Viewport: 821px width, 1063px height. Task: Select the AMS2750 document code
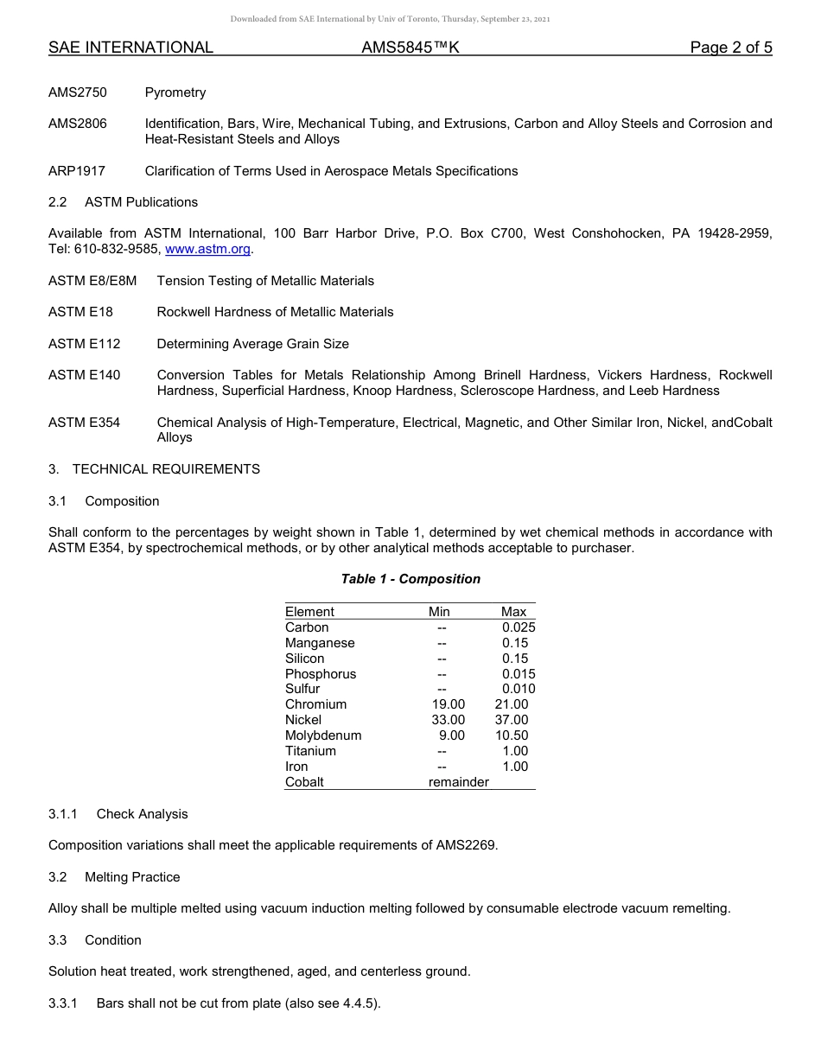pos(78,92)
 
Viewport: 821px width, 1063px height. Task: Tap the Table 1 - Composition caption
pos(410,579)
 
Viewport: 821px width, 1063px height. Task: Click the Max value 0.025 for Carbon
pos(519,627)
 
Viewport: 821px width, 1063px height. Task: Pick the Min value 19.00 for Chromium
pos(448,704)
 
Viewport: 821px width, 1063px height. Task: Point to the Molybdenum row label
pos(323,735)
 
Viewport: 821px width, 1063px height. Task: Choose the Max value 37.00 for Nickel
pos(512,720)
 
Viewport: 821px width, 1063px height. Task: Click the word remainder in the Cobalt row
pos(458,782)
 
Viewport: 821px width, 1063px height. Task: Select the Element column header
pos(309,612)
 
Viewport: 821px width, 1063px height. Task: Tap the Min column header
pos(439,612)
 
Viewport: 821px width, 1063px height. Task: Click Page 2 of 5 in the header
pos(731,48)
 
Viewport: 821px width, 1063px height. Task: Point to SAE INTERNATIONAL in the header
pos(130,48)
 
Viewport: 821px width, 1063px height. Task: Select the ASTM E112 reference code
pos(85,344)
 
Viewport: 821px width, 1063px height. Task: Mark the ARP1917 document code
pos(77,171)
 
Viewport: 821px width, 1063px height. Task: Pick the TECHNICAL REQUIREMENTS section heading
pos(166,469)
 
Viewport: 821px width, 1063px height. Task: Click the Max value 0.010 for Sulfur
pos(519,689)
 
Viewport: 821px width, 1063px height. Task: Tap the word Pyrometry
pos(175,92)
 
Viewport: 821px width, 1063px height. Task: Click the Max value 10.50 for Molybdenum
pos(512,735)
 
